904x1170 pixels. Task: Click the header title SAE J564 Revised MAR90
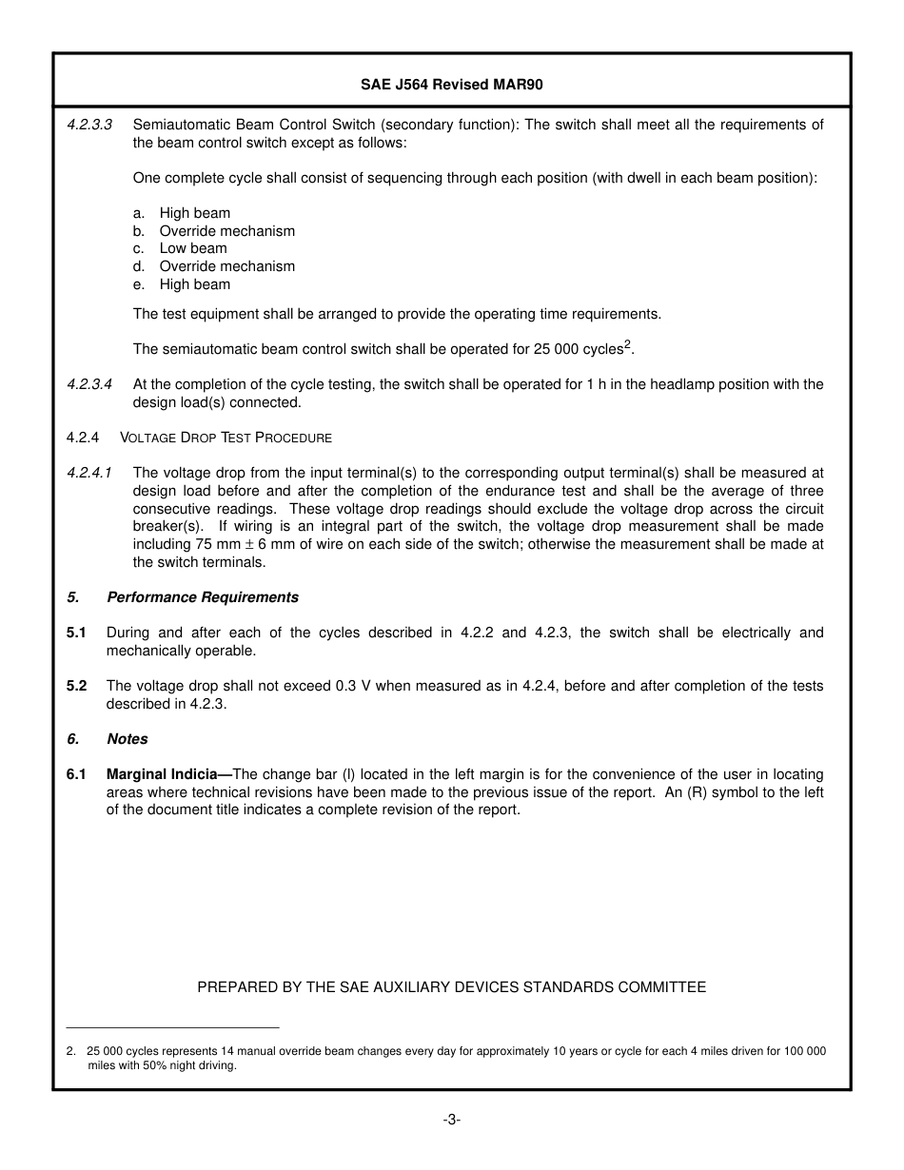point(451,84)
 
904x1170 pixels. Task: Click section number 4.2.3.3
point(89,125)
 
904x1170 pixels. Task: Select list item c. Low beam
point(181,248)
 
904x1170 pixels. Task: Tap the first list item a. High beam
point(182,213)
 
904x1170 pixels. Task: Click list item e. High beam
point(182,283)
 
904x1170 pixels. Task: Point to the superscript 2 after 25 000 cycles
point(628,344)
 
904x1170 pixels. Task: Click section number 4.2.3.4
point(89,384)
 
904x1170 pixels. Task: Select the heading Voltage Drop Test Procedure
point(226,438)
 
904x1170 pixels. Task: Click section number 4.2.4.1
point(89,473)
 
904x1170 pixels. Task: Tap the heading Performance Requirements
point(203,597)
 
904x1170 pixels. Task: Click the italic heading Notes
point(128,739)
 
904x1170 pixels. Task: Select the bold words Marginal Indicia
point(162,774)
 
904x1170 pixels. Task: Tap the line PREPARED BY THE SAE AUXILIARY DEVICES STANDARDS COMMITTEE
point(451,987)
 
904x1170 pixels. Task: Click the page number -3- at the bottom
point(451,1120)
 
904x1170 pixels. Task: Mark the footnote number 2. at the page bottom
point(71,1051)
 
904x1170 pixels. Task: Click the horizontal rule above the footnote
point(173,1028)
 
